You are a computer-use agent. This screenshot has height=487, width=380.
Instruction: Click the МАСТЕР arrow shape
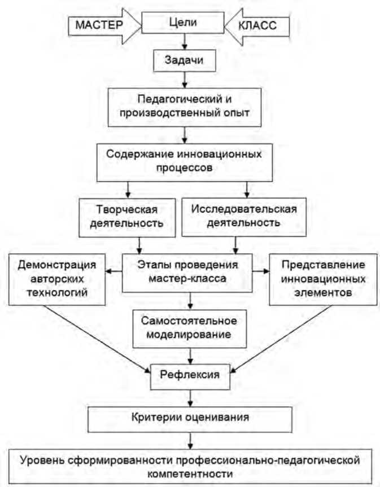[97, 26]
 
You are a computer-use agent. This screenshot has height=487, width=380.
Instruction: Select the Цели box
[182, 23]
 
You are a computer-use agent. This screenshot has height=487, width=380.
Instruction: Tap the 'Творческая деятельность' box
[124, 216]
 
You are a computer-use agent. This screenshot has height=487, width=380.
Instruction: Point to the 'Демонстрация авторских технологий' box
[58, 278]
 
